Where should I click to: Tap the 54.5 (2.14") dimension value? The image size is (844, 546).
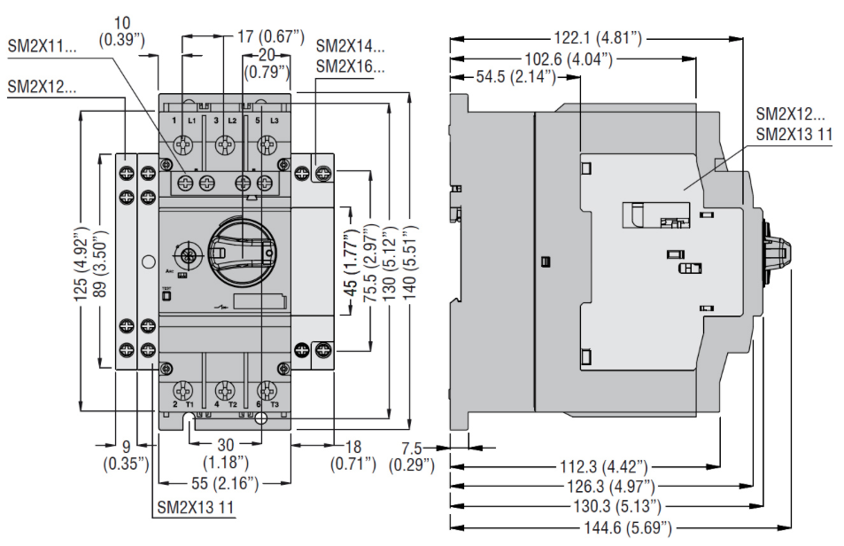pos(516,77)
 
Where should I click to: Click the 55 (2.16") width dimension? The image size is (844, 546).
pos(226,483)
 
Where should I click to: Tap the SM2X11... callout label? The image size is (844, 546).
pos(42,46)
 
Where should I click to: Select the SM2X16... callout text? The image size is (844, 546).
pos(351,66)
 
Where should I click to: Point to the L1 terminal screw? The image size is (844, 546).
pos(186,142)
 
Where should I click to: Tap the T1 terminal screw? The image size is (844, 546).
pos(185,389)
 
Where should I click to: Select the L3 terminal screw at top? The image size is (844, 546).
pos(266,142)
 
